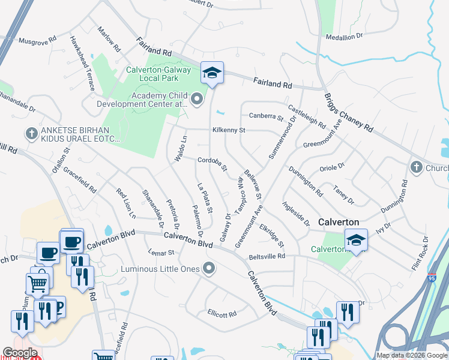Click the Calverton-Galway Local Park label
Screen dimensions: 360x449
pos(158,74)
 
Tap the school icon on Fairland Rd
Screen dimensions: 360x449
pos(212,73)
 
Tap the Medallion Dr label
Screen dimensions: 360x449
pos(345,36)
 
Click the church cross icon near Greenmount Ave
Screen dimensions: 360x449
pos(416,167)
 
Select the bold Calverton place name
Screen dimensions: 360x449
pos(339,221)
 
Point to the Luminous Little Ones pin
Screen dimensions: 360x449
pos(209,268)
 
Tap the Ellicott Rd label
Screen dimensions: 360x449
pos(222,314)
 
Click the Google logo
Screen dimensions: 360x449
pos(20,353)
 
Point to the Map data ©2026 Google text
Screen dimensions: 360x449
pos(411,355)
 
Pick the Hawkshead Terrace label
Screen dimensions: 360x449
pos(82,62)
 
